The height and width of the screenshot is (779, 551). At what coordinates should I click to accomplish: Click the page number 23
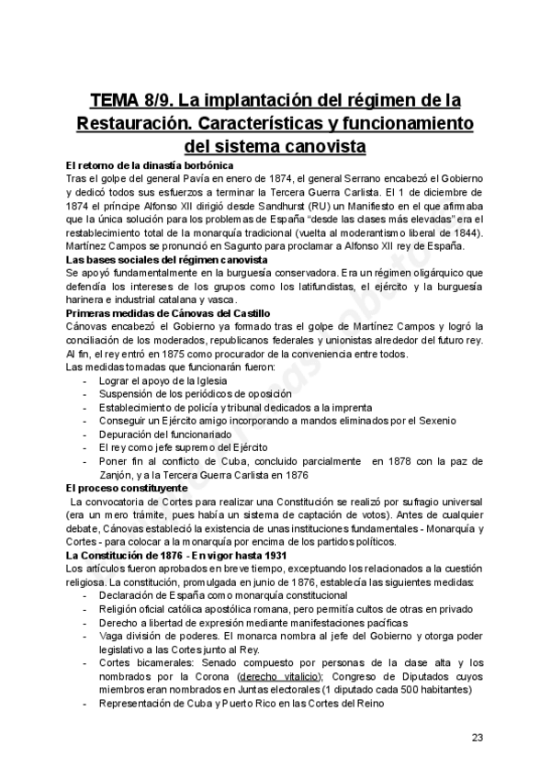(x=477, y=738)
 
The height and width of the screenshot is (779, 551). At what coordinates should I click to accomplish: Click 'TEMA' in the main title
(x=119, y=100)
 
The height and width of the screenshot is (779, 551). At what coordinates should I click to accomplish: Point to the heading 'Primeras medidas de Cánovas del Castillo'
(x=168, y=314)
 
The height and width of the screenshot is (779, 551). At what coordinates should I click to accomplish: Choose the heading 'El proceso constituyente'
(x=127, y=488)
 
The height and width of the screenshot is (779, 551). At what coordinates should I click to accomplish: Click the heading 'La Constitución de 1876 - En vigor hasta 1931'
(x=176, y=556)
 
